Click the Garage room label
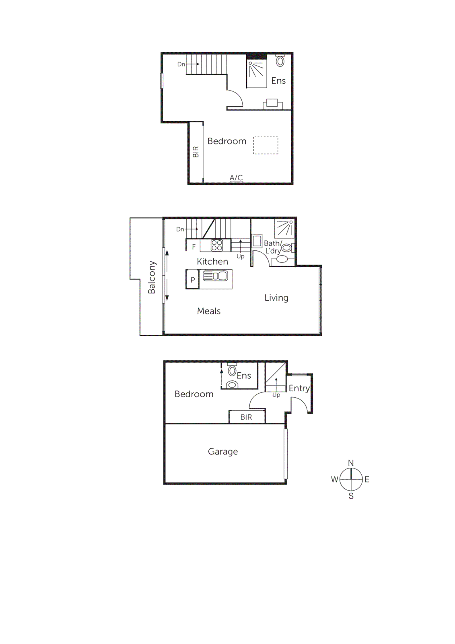(x=223, y=452)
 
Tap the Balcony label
(x=152, y=277)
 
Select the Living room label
(x=276, y=298)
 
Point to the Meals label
(x=209, y=311)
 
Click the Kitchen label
(x=212, y=262)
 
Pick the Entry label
(x=299, y=388)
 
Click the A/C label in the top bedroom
(x=236, y=178)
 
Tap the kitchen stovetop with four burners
(x=217, y=245)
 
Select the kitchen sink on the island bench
(x=215, y=276)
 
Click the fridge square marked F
(x=194, y=247)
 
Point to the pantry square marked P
(x=193, y=280)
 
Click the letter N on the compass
(x=351, y=463)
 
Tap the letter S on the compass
(x=351, y=496)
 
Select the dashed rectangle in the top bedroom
(x=266, y=145)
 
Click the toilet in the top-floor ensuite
(x=280, y=61)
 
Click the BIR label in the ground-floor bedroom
(x=246, y=417)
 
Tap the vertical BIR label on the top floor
(x=196, y=152)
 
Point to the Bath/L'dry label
(x=273, y=247)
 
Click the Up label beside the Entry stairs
(x=276, y=395)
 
